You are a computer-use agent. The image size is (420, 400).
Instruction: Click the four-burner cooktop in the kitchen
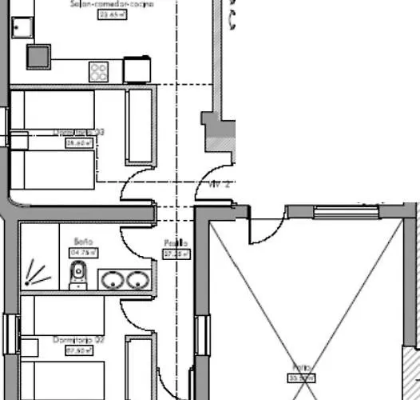[x=99, y=72]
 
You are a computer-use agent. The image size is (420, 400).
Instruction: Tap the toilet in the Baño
[x=78, y=276]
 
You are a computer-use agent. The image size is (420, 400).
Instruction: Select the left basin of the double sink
[x=112, y=280]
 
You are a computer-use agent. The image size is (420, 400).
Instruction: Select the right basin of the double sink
[x=138, y=280]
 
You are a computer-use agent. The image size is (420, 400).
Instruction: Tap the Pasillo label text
[x=176, y=243]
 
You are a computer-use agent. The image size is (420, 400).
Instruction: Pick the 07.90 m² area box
[x=75, y=350]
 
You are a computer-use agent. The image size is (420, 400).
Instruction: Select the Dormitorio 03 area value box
[x=80, y=143]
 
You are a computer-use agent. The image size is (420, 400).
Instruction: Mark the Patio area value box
[x=300, y=378]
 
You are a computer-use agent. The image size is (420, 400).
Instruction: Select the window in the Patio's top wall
[x=335, y=212]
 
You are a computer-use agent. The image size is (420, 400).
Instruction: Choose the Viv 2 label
[x=220, y=184]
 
